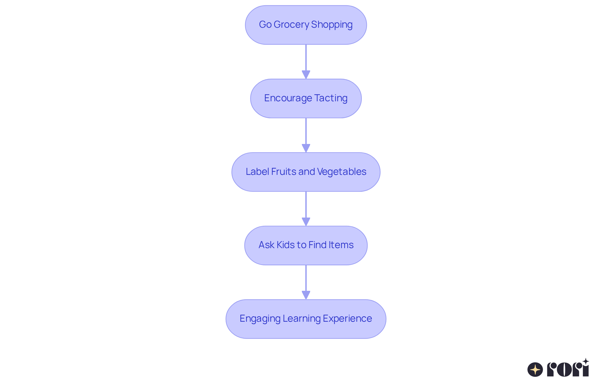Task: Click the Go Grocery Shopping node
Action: (x=306, y=25)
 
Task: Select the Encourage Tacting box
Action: (x=306, y=98)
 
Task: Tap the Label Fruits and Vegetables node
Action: (x=306, y=172)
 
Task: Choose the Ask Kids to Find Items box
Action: (x=306, y=245)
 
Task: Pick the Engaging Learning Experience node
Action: (x=306, y=319)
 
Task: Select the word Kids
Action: (x=285, y=245)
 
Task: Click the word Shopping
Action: (x=331, y=25)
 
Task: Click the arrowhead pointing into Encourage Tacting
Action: (x=306, y=75)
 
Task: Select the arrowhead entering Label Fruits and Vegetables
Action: (x=306, y=148)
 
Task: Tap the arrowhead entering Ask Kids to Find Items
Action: (x=306, y=222)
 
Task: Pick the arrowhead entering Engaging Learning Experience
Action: (x=306, y=295)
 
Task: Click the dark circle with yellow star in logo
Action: (x=535, y=369)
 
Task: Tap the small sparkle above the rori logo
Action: (x=586, y=362)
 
